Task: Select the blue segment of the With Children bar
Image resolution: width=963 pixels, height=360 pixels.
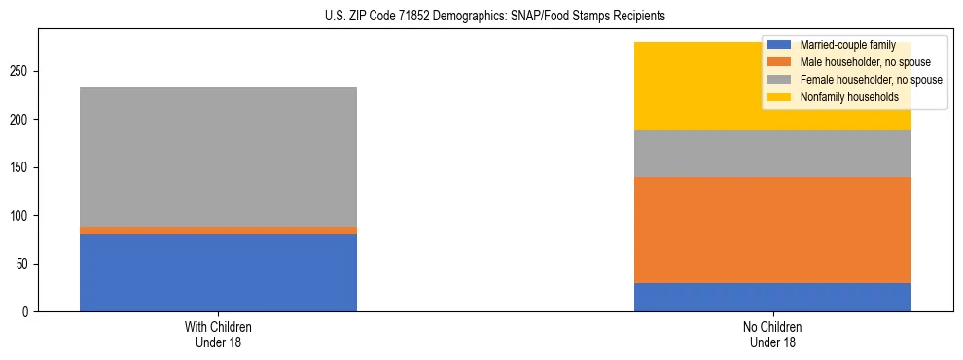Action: pyautogui.click(x=218, y=272)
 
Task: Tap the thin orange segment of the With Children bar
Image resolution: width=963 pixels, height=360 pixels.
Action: pyautogui.click(x=218, y=231)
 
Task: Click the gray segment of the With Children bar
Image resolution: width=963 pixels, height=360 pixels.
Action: pyautogui.click(x=218, y=157)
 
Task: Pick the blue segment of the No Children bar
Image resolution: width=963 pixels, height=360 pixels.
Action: pyautogui.click(x=772, y=297)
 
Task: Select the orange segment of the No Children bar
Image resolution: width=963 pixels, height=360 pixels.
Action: pyautogui.click(x=772, y=230)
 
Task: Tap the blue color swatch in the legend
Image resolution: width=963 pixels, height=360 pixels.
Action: pyautogui.click(x=778, y=45)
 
